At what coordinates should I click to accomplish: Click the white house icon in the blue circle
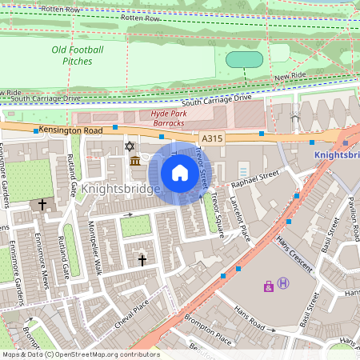point(180,173)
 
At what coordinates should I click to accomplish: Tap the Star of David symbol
point(130,146)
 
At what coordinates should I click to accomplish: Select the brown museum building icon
point(135,162)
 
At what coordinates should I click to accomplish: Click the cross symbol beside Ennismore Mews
point(42,205)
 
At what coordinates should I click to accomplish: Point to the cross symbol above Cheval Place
point(142,260)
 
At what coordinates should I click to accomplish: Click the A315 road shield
point(211,138)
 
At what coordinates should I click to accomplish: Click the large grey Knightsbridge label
point(122,190)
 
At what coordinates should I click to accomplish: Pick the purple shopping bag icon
point(268,286)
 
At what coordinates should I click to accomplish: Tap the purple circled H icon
point(282,284)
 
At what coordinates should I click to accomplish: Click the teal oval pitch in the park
point(245,60)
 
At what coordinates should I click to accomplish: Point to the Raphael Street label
point(256,178)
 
